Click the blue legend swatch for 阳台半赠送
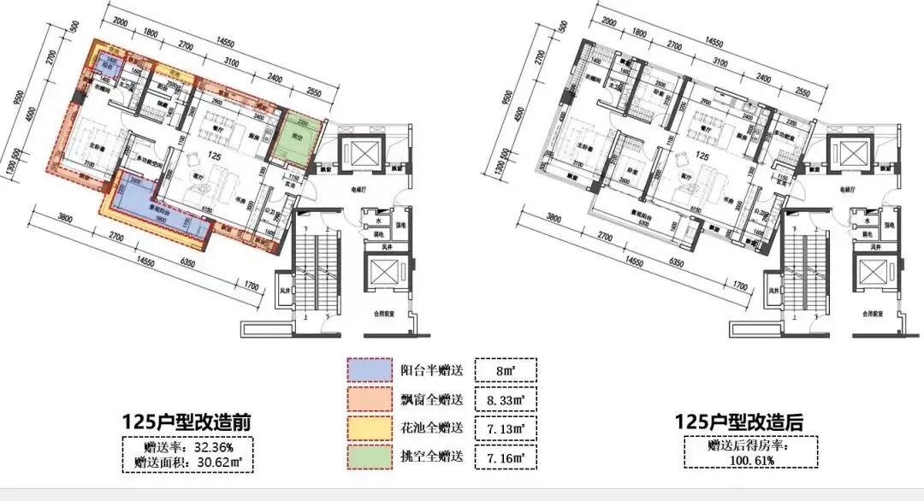click(x=369, y=370)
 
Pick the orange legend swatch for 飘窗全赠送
click(x=369, y=399)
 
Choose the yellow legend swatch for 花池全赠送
click(x=369, y=427)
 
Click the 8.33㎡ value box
click(x=505, y=399)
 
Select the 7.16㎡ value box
click(x=505, y=457)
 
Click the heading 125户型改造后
click(x=740, y=422)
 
